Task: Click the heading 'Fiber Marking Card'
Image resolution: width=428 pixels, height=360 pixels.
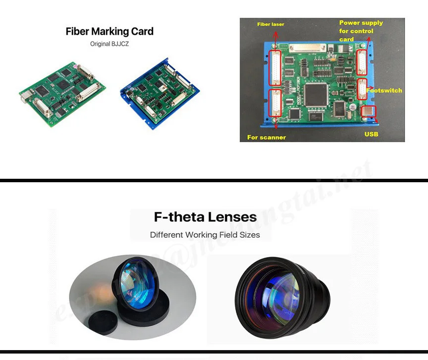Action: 109,31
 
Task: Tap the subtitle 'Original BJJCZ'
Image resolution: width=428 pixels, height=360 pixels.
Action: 109,44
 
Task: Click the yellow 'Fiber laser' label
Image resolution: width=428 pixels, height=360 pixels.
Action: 270,24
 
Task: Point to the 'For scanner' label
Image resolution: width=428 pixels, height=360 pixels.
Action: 267,137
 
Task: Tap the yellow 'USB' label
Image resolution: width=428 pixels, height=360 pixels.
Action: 372,134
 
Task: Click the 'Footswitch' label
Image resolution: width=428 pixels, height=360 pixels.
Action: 384,91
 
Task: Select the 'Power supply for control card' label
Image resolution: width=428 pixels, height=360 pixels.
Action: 361,31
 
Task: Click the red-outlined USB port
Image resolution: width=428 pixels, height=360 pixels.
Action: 369,112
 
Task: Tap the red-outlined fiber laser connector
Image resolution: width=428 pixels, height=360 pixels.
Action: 275,67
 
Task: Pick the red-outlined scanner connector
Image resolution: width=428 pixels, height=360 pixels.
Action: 275,103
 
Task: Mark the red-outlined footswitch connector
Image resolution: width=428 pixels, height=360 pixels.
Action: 362,90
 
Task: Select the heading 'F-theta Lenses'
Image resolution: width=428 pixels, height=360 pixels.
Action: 205,217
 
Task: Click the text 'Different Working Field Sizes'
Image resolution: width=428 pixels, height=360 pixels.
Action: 205,235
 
